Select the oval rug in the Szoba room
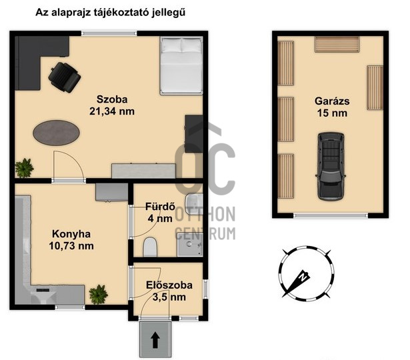(x=58, y=131)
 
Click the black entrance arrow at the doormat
(x=156, y=341)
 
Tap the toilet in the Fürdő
(x=150, y=247)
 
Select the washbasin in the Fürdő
(x=192, y=204)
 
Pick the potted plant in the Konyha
(x=99, y=293)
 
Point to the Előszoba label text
(x=169, y=285)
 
